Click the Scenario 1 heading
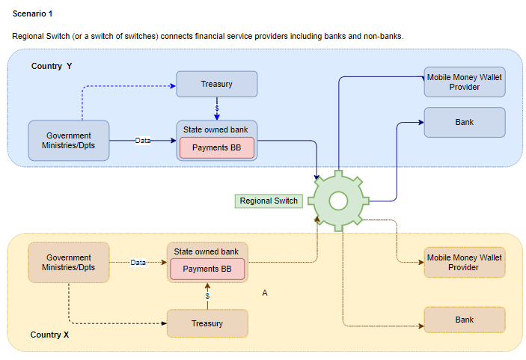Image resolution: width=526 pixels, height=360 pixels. pyautogui.click(x=33, y=13)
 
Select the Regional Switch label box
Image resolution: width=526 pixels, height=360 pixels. pyautogui.click(x=269, y=201)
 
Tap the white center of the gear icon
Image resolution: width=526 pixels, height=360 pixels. pyautogui.click(x=338, y=201)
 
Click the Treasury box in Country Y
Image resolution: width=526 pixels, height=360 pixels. pyautogui.click(x=216, y=84)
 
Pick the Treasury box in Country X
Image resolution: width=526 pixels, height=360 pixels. pyautogui.click(x=207, y=323)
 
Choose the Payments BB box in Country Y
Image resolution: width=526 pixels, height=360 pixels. pyautogui.click(x=216, y=147)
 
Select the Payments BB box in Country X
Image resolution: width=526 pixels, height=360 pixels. pyautogui.click(x=207, y=269)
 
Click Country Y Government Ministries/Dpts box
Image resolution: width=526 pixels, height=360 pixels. pyautogui.click(x=69, y=140)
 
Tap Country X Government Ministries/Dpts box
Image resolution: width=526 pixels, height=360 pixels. pyautogui.click(x=69, y=262)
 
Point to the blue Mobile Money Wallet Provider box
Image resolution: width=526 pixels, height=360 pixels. pyautogui.click(x=464, y=82)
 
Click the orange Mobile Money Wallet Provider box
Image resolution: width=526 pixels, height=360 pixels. pyautogui.click(x=464, y=262)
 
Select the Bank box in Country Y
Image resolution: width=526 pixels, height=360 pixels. pyautogui.click(x=464, y=122)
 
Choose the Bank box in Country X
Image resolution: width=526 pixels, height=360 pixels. pyautogui.click(x=464, y=320)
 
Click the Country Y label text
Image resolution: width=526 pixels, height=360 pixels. pyautogui.click(x=52, y=66)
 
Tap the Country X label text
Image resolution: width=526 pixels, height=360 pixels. pyautogui.click(x=49, y=335)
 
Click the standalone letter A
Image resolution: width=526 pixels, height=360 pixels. pyautogui.click(x=265, y=293)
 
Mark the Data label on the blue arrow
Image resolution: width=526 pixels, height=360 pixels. pyautogui.click(x=143, y=140)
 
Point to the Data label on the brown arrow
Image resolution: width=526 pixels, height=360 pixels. pyautogui.click(x=138, y=262)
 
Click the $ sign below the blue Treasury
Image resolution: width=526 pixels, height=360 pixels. pyautogui.click(x=216, y=109)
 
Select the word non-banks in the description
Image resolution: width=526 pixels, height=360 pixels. pyautogui.click(x=385, y=36)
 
